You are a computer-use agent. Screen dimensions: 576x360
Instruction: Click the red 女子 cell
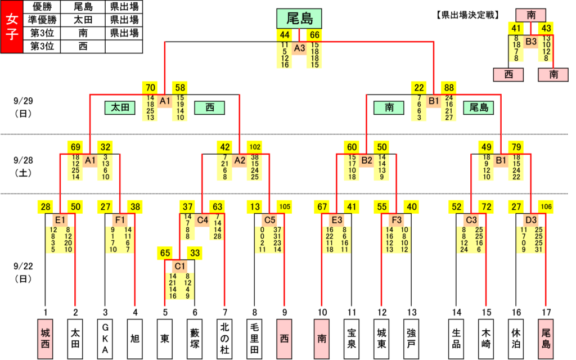pyautogui.click(x=12, y=27)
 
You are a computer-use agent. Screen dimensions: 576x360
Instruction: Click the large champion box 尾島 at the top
pyautogui.click(x=299, y=19)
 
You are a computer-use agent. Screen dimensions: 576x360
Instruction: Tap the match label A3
pyautogui.click(x=299, y=48)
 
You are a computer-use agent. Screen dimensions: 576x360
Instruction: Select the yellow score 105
pyautogui.click(x=285, y=207)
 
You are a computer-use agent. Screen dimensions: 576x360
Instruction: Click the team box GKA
pyautogui.click(x=105, y=339)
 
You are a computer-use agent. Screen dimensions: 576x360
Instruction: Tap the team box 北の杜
pyautogui.click(x=225, y=339)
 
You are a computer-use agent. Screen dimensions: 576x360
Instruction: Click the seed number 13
pyautogui.click(x=412, y=312)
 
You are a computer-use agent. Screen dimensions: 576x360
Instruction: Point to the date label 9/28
pyautogui.click(x=23, y=160)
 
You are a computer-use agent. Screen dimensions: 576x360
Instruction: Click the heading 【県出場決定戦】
pyautogui.click(x=468, y=15)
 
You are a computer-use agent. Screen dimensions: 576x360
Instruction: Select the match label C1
pyautogui.click(x=179, y=266)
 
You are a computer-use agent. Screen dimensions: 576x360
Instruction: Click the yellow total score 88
pyautogui.click(x=449, y=88)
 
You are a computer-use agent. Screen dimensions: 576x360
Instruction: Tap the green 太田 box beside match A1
pyautogui.click(x=120, y=107)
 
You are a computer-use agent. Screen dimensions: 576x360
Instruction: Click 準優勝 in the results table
pyautogui.click(x=42, y=20)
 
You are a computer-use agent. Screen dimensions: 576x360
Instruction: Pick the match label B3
pyautogui.click(x=531, y=42)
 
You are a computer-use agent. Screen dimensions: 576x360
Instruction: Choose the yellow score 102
pyautogui.click(x=255, y=147)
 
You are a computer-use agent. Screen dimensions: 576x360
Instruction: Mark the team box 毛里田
pyautogui.click(x=255, y=339)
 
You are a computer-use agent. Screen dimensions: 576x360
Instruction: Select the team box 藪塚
pyautogui.click(x=195, y=339)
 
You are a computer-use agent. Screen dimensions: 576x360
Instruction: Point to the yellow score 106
pyautogui.click(x=546, y=207)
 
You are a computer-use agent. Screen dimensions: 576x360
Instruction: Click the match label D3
pyautogui.click(x=531, y=220)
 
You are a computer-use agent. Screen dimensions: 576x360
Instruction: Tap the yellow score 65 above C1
pyautogui.click(x=165, y=253)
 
